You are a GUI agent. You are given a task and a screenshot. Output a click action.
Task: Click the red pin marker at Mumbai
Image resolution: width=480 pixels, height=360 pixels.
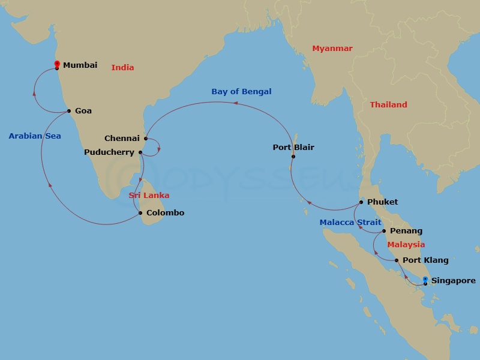(57, 64)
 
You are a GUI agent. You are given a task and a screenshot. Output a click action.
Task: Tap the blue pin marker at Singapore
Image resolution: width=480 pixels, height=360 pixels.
(425, 280)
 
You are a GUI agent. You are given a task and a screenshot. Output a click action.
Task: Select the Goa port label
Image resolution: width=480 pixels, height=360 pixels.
(83, 111)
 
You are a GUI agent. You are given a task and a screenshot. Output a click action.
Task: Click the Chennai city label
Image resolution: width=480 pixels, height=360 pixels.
(122, 139)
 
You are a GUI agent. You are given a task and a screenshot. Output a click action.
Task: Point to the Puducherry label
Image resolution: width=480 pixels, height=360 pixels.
(109, 152)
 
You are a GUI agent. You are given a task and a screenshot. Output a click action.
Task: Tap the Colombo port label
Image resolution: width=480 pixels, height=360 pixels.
(165, 213)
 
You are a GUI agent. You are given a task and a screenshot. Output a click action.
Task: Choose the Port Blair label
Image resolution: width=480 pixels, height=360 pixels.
(293, 148)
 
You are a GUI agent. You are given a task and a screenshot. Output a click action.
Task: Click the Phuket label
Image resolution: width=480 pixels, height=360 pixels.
(382, 202)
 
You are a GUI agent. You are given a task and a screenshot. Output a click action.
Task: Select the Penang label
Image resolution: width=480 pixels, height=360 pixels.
(406, 231)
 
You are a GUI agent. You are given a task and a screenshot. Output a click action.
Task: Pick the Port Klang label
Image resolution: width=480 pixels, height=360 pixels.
(425, 260)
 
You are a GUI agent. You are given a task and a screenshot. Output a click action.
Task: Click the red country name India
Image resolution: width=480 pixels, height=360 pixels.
(122, 68)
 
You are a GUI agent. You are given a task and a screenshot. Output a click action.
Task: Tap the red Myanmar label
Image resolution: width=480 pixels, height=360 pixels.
(332, 49)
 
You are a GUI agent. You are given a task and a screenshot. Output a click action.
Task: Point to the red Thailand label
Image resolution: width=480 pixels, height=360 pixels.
(388, 105)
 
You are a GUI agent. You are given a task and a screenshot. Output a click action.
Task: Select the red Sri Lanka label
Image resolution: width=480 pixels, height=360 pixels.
(149, 196)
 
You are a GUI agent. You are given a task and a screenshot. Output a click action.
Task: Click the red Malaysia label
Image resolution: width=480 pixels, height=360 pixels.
(406, 245)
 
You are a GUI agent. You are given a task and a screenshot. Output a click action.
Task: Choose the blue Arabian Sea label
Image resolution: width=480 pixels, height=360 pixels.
(35, 136)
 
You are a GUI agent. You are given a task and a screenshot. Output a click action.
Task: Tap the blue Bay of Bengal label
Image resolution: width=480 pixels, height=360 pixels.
(241, 92)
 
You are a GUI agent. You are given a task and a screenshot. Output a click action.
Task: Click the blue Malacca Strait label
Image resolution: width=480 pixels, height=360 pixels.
(350, 223)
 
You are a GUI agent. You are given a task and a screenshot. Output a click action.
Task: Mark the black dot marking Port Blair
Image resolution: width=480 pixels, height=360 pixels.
(293, 157)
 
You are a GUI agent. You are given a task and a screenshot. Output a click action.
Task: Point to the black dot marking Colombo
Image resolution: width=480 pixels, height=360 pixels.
(140, 213)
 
